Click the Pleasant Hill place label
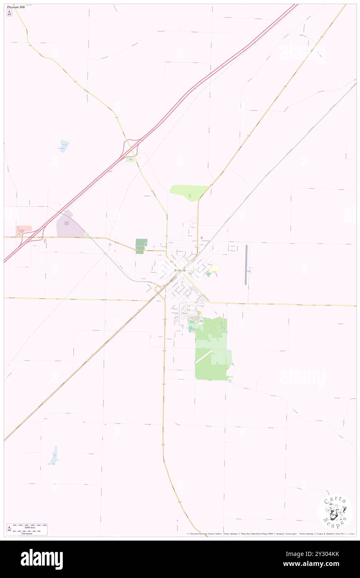pos(16,7)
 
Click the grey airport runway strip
pos(246,265)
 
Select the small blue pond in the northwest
pos(64,146)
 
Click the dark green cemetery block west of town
pos(141,246)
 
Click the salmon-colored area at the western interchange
pos(24,230)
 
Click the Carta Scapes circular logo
pos(335,512)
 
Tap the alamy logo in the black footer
pos(42,559)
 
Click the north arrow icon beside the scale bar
pos(10,529)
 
